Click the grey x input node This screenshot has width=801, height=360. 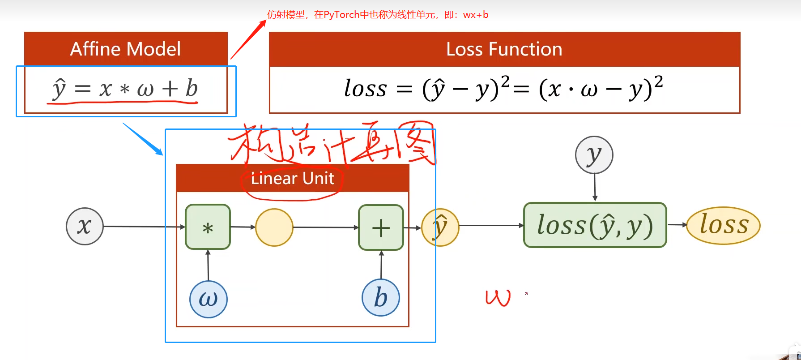(x=85, y=226)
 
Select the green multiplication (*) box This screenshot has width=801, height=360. (x=208, y=227)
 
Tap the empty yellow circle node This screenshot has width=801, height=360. (x=274, y=227)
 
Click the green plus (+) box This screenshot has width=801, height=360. (x=381, y=227)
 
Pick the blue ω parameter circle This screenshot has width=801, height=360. (x=208, y=299)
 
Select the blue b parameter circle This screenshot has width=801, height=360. (x=380, y=298)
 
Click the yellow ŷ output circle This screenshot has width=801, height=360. (x=440, y=227)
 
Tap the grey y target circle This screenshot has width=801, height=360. (x=594, y=155)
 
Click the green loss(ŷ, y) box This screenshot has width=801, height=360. (x=595, y=225)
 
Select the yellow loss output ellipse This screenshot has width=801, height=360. (x=723, y=225)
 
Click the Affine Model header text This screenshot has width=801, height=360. (x=126, y=49)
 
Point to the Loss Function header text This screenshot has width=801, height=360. (x=504, y=49)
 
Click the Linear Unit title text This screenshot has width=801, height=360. (x=293, y=178)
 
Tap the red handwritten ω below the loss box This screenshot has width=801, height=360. (x=498, y=298)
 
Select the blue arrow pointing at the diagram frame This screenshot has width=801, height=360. (x=143, y=139)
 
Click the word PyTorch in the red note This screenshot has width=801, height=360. (x=341, y=15)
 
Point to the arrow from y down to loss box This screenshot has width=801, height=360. (x=595, y=187)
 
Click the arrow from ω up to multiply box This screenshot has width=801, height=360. (x=208, y=265)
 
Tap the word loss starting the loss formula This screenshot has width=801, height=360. (x=365, y=88)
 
